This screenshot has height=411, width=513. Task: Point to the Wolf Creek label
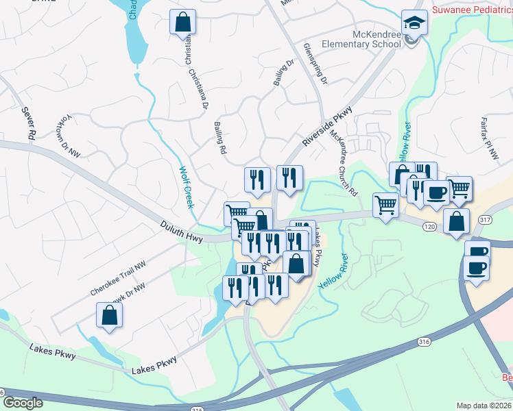187,188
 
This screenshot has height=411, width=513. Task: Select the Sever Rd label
27,124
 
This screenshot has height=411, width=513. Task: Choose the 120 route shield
429,225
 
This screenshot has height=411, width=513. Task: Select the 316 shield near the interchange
422,341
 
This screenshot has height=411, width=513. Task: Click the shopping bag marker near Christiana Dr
183,22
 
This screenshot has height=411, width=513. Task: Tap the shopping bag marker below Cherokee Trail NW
109,315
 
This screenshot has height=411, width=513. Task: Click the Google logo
23,403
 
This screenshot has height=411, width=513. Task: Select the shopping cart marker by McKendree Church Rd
386,204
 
